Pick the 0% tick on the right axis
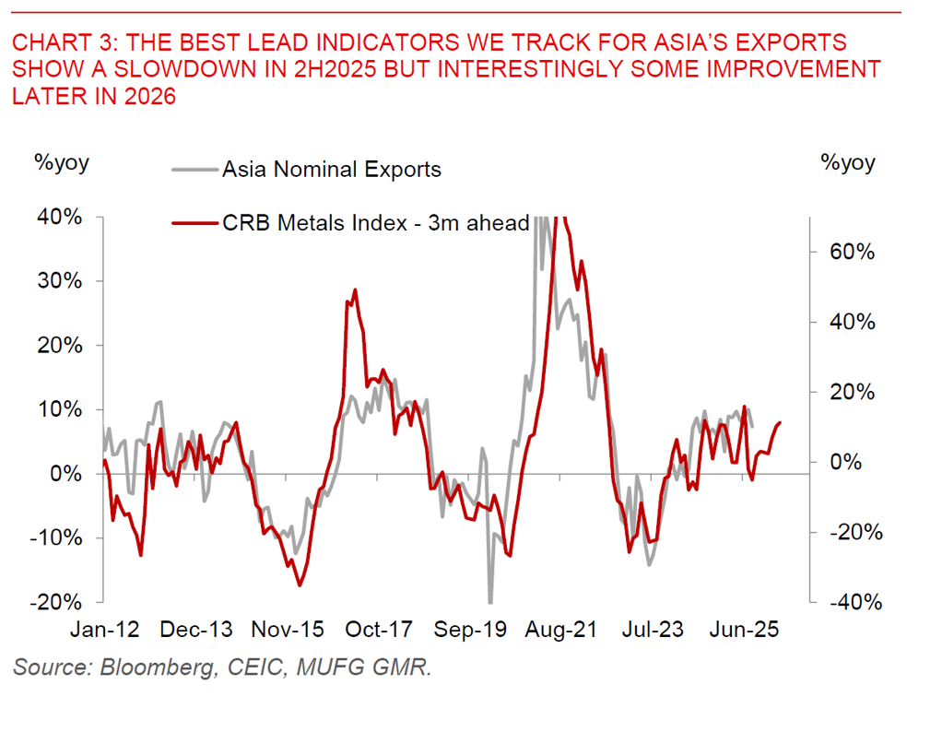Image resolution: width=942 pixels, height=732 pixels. [852, 462]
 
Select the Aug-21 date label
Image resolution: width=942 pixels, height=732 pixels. [561, 631]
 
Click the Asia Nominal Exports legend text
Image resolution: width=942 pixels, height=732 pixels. [331, 170]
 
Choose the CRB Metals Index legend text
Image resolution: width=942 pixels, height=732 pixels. [375, 222]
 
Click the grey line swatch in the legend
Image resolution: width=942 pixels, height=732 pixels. [194, 170]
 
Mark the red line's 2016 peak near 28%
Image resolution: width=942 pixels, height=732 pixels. [355, 290]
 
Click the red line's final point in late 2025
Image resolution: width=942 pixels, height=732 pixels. [780, 422]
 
